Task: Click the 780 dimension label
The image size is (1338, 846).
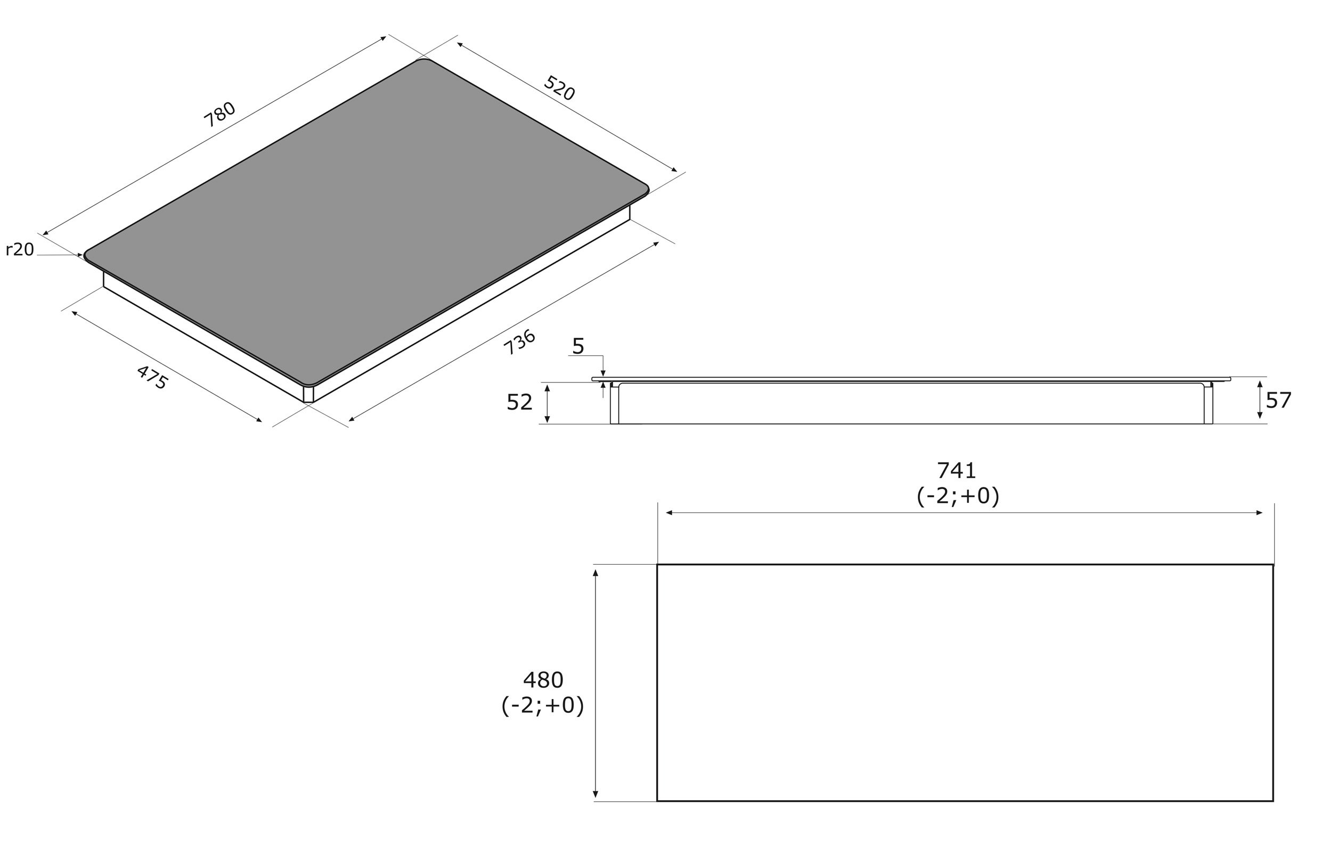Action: coord(219,115)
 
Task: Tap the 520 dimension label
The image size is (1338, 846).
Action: coord(559,88)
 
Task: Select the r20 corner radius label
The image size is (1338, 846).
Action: coord(20,249)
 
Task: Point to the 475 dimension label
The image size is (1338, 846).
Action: coord(152,377)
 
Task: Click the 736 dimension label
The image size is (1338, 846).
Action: coord(519,343)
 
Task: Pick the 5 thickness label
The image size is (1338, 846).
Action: coord(578,346)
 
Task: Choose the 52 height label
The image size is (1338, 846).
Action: coord(519,402)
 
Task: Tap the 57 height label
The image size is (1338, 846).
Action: coord(1278,400)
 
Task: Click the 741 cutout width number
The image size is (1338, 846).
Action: coord(957,471)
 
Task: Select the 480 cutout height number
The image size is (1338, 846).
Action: coord(543,680)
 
